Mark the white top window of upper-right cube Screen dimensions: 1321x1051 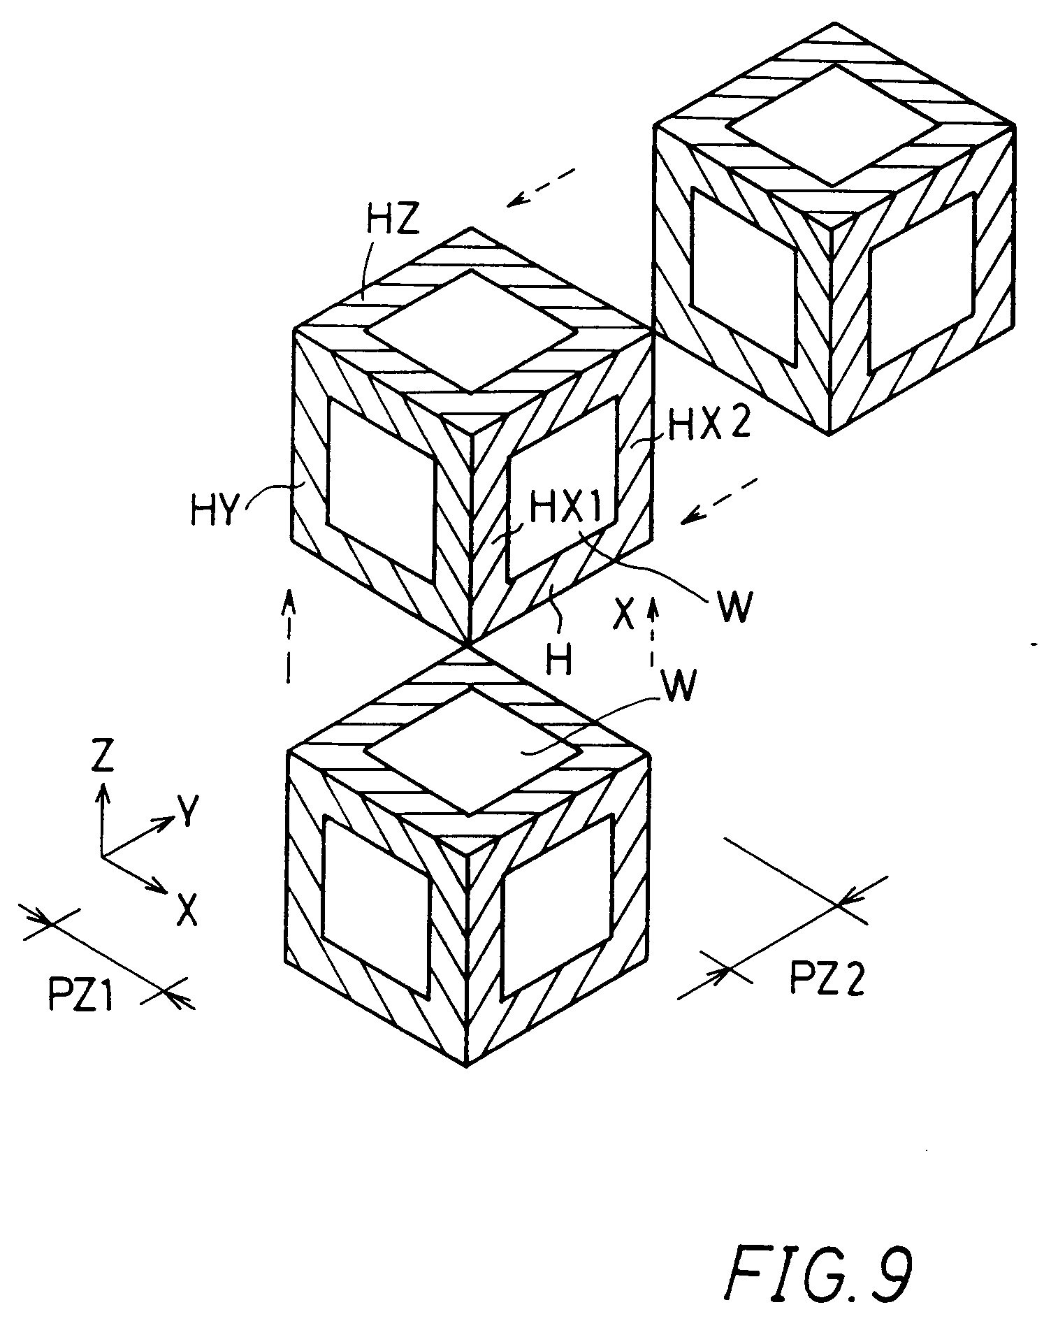(833, 126)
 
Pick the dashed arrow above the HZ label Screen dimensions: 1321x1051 (542, 187)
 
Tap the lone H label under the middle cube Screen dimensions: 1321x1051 (560, 659)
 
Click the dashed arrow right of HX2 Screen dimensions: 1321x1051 (720, 499)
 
